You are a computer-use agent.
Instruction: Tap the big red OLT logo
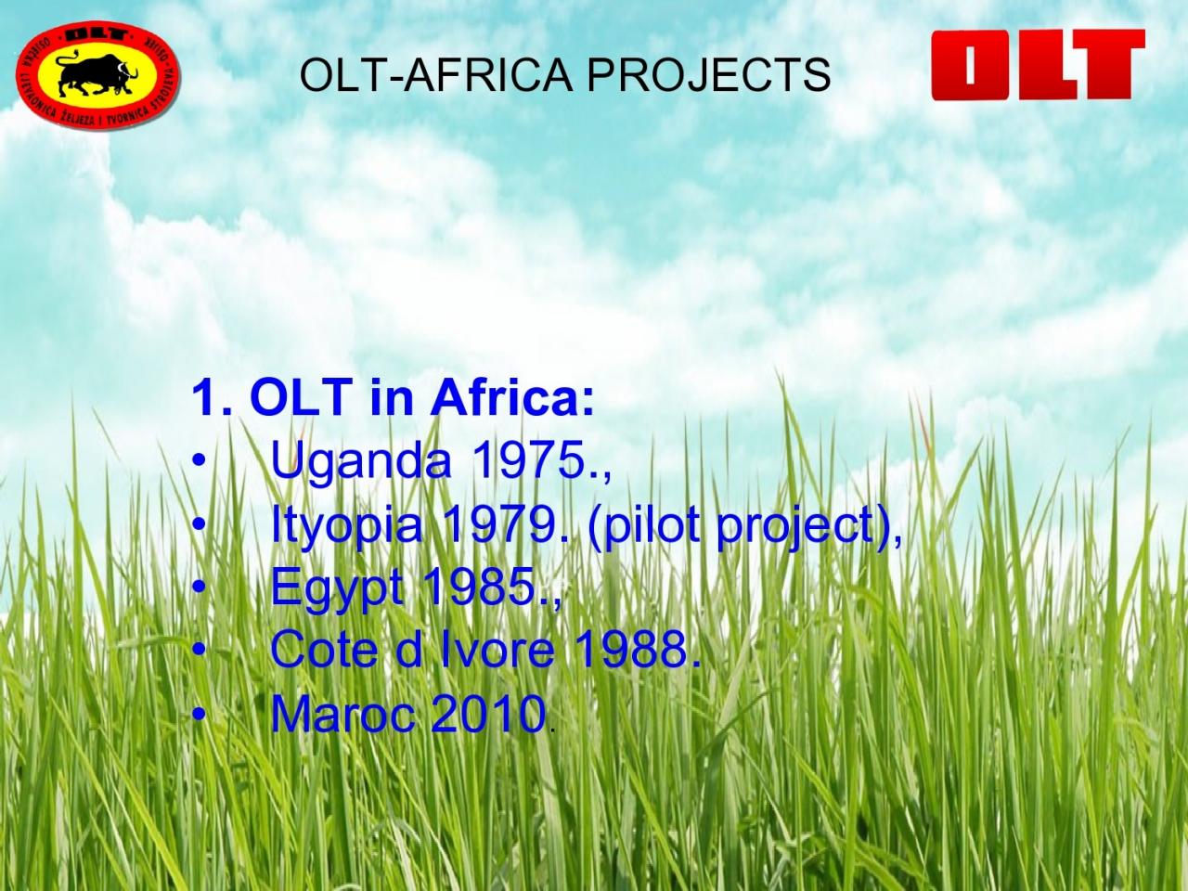pos(1038,65)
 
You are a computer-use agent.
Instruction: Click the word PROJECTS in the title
pos(708,74)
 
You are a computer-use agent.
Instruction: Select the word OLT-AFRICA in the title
pos(435,74)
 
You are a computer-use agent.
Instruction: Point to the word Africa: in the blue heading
pos(512,397)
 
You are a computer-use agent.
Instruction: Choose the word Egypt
pos(337,589)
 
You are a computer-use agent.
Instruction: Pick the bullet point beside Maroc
pos(199,714)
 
